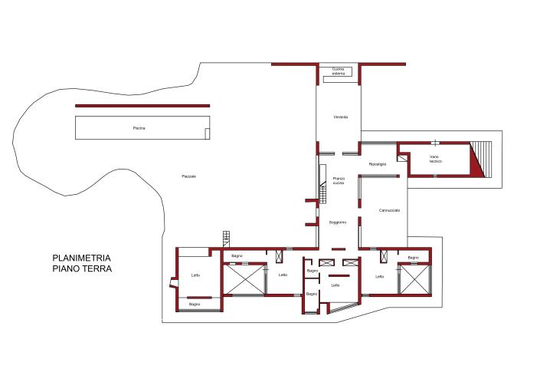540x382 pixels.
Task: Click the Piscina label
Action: tap(139, 128)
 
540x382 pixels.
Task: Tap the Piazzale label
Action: tap(188, 176)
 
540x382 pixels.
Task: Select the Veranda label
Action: tap(341, 117)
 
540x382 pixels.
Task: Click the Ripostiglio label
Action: tap(378, 164)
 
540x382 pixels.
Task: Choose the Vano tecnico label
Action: tap(436, 160)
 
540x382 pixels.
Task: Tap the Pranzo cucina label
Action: tap(339, 181)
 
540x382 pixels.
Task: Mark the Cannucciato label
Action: tap(389, 210)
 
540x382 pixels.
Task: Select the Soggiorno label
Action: tap(339, 222)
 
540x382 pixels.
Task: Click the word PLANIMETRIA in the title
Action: tap(82, 259)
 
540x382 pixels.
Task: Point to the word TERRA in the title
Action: tap(97, 269)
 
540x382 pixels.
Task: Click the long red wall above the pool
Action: tap(142, 106)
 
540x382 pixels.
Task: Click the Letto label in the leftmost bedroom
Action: tap(195, 275)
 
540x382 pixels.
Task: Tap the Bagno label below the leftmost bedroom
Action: tap(195, 305)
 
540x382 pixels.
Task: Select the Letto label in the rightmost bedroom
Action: tap(379, 276)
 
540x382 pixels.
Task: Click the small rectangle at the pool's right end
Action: tap(207, 133)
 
